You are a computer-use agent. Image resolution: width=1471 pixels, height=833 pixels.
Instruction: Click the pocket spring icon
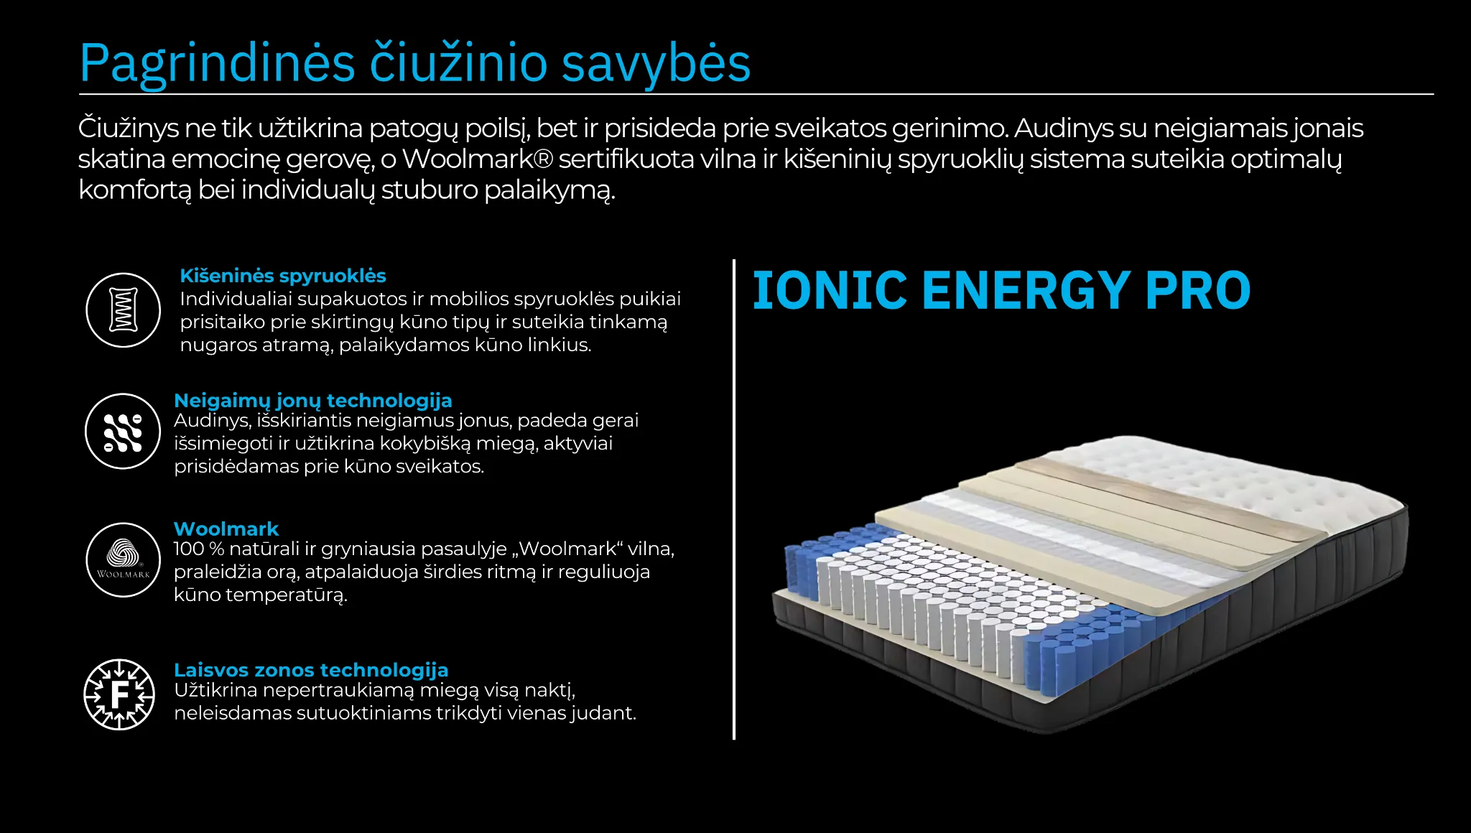pyautogui.click(x=123, y=310)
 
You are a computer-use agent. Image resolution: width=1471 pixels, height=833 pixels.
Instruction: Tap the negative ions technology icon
pyautogui.click(x=123, y=432)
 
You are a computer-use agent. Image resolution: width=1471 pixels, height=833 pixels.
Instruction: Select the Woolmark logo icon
pyautogui.click(x=123, y=559)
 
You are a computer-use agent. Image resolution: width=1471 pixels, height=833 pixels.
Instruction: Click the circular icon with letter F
pyautogui.click(x=119, y=694)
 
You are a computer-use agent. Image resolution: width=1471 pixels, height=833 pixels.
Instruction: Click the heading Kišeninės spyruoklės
pyautogui.click(x=282, y=276)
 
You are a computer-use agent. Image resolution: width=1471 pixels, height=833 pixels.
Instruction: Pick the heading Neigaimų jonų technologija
pyautogui.click(x=313, y=400)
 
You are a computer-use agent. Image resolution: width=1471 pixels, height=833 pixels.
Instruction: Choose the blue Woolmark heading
pyautogui.click(x=226, y=529)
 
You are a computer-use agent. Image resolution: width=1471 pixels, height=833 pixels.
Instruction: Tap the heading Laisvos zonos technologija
pyautogui.click(x=311, y=669)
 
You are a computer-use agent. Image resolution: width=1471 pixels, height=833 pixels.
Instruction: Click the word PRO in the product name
pyautogui.click(x=1197, y=291)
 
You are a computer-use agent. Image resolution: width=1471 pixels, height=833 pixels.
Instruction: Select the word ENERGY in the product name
pyautogui.click(x=1025, y=291)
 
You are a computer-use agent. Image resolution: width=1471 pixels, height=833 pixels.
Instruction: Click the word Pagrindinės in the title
pyautogui.click(x=217, y=63)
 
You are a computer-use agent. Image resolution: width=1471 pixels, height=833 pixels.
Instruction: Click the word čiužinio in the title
pyautogui.click(x=459, y=63)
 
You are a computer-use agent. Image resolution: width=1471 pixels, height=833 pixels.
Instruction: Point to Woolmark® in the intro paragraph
pyautogui.click(x=477, y=159)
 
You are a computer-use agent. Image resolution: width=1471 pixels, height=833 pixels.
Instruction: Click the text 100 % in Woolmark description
pyautogui.click(x=198, y=549)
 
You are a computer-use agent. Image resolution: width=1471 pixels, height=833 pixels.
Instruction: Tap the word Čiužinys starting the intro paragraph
pyautogui.click(x=128, y=128)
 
